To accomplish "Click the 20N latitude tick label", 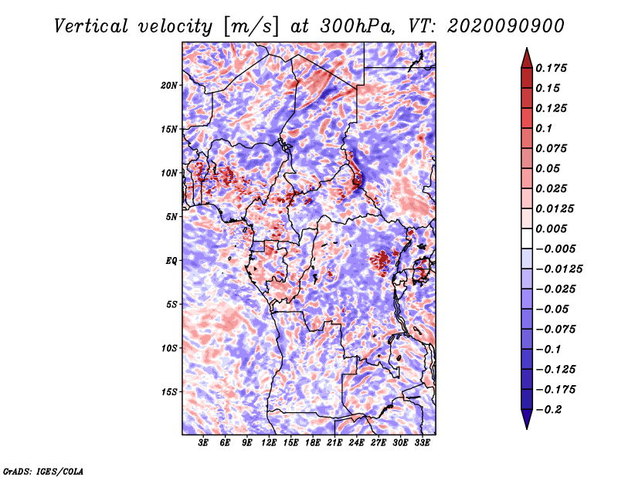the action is click(x=169, y=86).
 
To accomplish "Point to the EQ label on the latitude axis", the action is click(x=171, y=261).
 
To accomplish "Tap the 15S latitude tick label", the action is click(x=169, y=392).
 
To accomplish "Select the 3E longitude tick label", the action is click(x=203, y=442).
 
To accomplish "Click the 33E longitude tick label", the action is click(x=422, y=442).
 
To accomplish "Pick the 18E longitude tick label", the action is click(x=313, y=442).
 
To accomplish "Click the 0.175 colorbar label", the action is click(x=551, y=68).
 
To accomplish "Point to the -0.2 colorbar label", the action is click(x=548, y=410).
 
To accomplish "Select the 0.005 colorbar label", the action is click(x=551, y=228).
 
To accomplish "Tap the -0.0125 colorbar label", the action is click(x=559, y=269).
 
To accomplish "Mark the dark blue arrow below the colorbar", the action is click(x=527, y=419).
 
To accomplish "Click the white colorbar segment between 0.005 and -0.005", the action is click(x=527, y=238).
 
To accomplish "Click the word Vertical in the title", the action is click(x=91, y=26).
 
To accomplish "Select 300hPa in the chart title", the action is click(x=358, y=26).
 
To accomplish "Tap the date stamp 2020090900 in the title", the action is click(x=506, y=26).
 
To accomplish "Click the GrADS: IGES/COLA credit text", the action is click(x=43, y=471).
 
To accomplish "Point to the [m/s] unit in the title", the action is click(x=250, y=26).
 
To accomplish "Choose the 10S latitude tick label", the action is click(x=169, y=348).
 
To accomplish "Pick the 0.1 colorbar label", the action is click(x=544, y=128).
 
